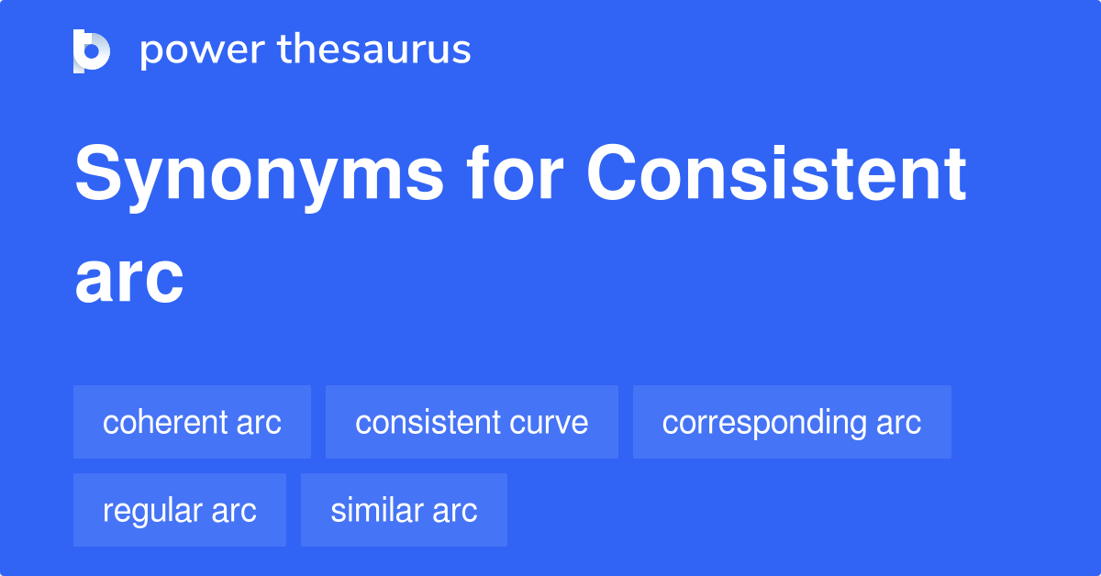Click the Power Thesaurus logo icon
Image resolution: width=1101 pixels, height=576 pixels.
pos(92,50)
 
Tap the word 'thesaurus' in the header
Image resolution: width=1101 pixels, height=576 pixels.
pos(375,50)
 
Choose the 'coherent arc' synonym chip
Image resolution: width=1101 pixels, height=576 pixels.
pos(192,423)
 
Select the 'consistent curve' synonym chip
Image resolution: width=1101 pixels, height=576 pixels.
pos(472,423)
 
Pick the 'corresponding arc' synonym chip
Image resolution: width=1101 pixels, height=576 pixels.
pos(792,423)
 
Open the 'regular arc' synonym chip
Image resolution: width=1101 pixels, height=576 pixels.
pos(180,511)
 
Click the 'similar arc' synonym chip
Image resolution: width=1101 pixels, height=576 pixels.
pos(404,511)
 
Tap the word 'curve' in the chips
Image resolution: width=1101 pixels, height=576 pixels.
pos(551,423)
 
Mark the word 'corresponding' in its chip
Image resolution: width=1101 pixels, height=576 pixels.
pos(764,423)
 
